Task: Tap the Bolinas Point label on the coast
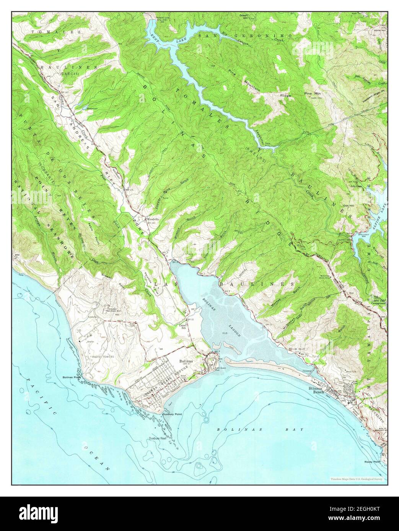click(72, 377)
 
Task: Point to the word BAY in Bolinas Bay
click(296, 429)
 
